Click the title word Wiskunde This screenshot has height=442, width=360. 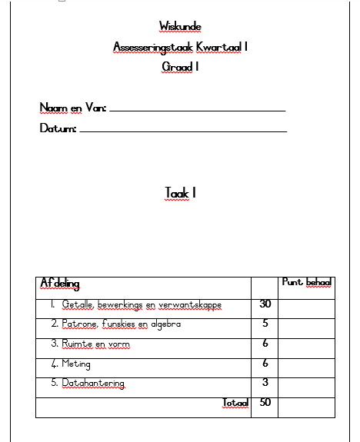click(180, 27)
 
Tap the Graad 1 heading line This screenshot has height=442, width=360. click(180, 68)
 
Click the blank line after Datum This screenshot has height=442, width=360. click(183, 131)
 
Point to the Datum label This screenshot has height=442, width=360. click(58, 128)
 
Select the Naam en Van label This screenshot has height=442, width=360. click(72, 108)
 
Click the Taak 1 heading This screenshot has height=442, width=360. click(180, 193)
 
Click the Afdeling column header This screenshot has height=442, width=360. click(60, 284)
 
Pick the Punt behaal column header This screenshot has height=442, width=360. click(307, 283)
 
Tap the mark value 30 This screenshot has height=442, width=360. click(265, 304)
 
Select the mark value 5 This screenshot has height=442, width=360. click(265, 324)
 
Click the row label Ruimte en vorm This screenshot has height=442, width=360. click(91, 344)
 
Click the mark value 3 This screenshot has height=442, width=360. click(265, 383)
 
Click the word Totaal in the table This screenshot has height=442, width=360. click(236, 403)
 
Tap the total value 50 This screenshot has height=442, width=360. click(265, 402)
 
